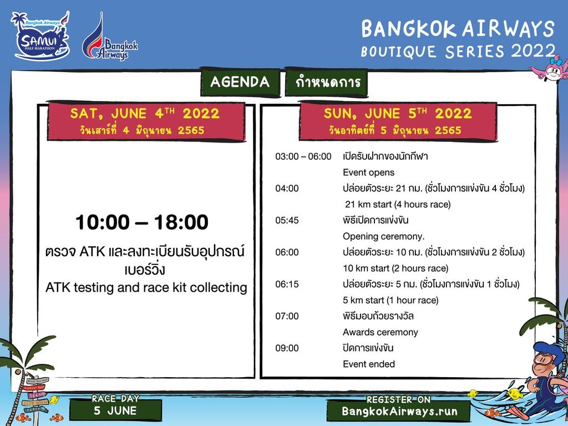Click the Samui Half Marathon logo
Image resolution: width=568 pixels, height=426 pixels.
(x=40, y=35)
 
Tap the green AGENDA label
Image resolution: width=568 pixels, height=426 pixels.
(x=240, y=82)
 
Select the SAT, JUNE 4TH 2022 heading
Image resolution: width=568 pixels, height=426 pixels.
(x=145, y=113)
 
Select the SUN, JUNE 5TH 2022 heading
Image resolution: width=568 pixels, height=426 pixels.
(x=398, y=113)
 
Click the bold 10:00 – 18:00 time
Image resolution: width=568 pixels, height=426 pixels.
(x=142, y=222)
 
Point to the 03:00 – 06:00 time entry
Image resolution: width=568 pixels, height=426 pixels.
(x=303, y=156)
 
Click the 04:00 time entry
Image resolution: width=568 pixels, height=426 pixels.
(x=287, y=189)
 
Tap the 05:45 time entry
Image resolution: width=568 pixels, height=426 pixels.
(x=287, y=220)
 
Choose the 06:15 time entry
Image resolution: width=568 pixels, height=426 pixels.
(x=287, y=284)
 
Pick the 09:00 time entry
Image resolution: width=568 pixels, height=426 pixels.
(x=287, y=348)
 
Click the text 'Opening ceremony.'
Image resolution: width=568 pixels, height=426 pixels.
(x=384, y=236)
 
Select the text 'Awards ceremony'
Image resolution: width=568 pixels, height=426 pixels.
(x=381, y=332)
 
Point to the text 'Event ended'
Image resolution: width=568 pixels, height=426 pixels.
(x=369, y=364)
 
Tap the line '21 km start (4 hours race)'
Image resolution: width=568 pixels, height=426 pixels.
(x=398, y=205)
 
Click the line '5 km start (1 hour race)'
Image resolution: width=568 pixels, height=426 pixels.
(x=390, y=300)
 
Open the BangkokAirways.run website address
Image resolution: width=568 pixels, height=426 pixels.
(x=399, y=411)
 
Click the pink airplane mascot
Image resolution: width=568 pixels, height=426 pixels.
(x=549, y=69)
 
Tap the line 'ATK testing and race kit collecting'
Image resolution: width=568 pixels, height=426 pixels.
(x=146, y=288)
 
